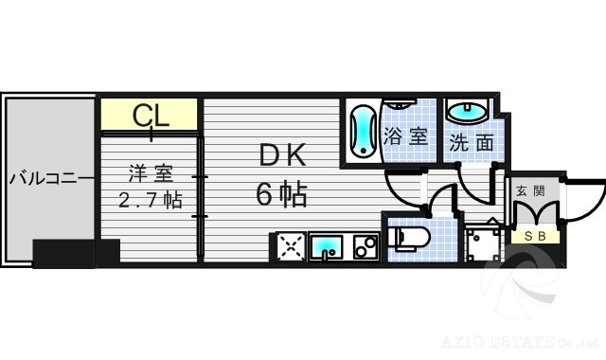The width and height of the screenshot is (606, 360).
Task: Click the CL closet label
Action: pos(151,116)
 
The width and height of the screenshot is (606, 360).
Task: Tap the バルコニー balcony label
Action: pos(51,177)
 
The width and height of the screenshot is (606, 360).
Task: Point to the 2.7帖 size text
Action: pos(150,200)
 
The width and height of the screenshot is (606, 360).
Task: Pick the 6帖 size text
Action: pos(280,194)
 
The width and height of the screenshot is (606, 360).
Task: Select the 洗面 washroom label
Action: pos(471,143)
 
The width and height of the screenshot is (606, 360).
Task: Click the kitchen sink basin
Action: pos(326,247)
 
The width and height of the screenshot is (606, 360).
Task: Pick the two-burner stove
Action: pos(365,247)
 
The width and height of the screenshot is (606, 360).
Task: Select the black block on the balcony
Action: pos(76,254)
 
